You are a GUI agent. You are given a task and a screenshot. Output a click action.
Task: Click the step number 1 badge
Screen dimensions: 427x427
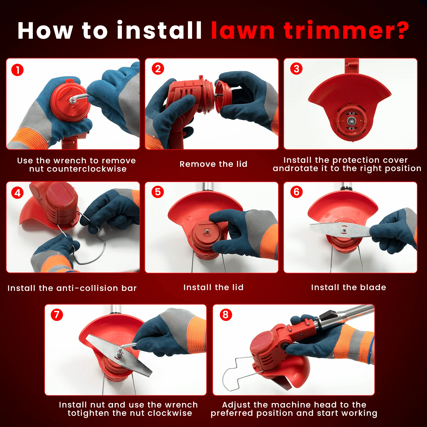[18, 70]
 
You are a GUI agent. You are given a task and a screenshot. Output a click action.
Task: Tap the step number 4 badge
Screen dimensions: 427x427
[18, 193]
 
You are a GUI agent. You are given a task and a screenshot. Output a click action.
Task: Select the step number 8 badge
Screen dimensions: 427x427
[226, 315]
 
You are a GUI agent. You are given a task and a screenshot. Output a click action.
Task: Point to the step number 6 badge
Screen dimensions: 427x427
[296, 192]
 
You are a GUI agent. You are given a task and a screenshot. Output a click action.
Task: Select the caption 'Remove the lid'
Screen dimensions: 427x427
[213, 164]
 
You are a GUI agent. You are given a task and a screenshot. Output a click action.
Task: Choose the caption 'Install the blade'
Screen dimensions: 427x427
[349, 287]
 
